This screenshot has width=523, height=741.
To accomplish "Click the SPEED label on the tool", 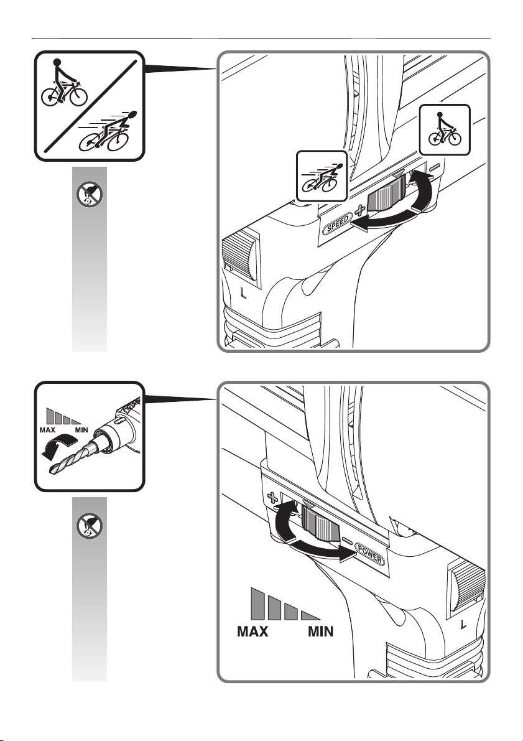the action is [337, 223].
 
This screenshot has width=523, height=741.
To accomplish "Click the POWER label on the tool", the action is [370, 554].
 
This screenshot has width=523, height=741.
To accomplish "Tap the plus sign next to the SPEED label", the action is [360, 210].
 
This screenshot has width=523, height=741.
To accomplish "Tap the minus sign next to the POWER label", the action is [347, 541].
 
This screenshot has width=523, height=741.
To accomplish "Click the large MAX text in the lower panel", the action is [252, 631].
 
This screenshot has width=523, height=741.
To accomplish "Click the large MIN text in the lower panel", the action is [320, 631].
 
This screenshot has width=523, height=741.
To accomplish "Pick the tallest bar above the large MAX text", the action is [257, 604].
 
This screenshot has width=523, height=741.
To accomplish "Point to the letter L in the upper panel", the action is [243, 294].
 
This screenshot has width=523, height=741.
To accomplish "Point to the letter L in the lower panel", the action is [463, 625].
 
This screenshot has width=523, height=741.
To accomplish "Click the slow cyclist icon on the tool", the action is [445, 130].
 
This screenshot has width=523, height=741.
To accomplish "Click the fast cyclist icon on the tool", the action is [322, 176].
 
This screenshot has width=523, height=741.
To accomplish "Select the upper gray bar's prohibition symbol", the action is [90, 195].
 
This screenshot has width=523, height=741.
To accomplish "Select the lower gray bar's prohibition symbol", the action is [90, 526].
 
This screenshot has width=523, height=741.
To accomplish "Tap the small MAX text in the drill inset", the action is [47, 430].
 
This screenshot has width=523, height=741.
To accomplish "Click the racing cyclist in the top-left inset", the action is [107, 133].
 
